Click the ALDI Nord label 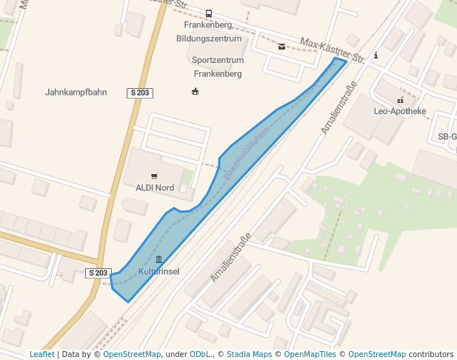click(155, 187)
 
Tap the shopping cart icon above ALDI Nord click(154, 176)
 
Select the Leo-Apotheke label click(400, 111)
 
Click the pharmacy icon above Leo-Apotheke click(400, 99)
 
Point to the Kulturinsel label click(159, 272)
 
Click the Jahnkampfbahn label click(76, 93)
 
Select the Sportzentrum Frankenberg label click(217, 67)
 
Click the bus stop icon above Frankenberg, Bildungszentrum click(209, 13)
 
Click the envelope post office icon click(281, 47)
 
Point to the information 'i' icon click(376, 55)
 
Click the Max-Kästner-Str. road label click(333, 48)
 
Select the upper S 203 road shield click(140, 93)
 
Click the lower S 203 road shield click(98, 273)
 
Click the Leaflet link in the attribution click(41, 354)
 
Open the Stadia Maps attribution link click(249, 354)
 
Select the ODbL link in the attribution click(200, 354)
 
